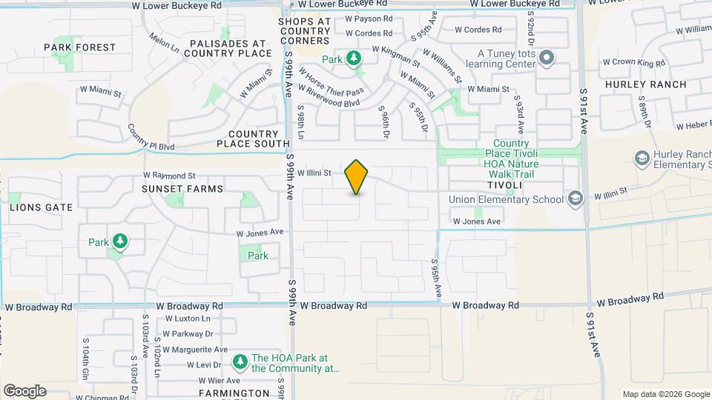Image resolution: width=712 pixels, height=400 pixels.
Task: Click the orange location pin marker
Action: coord(357,176)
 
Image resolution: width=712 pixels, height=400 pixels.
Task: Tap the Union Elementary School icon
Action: coord(574,198)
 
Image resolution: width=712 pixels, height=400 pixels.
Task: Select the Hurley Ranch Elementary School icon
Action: coord(641,158)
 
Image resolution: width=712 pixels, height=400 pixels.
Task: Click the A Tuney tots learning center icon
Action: coord(547,57)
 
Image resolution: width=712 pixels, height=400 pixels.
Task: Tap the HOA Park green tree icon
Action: coord(240,362)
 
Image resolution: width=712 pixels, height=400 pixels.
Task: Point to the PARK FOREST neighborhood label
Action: coord(80,47)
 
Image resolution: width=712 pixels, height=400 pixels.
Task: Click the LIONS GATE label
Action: coord(42,207)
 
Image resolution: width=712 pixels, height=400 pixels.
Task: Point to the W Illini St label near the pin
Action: coord(318,173)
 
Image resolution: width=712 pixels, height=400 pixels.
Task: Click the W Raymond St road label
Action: coord(169,176)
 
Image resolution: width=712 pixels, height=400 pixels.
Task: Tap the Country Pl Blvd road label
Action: coord(151,137)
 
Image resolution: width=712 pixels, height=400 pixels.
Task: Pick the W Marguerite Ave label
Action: coord(194,350)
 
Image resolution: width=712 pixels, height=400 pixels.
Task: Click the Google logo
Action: coord(24,391)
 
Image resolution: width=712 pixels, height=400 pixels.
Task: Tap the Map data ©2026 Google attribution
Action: coord(665,394)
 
